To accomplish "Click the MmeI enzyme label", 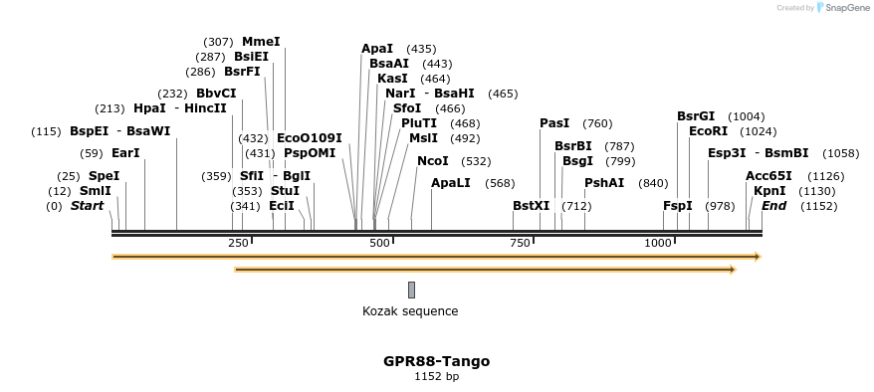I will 261,42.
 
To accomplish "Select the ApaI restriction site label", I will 377,49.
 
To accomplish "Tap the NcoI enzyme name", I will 433,161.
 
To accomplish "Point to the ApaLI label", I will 451,183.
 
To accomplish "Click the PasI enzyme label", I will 554,123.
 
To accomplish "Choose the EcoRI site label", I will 708,130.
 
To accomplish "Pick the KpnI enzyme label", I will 768,191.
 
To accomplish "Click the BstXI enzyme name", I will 531,206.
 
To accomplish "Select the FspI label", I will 677,206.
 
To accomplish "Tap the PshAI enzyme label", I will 604,183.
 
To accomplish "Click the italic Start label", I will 87,206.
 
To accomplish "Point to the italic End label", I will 773,206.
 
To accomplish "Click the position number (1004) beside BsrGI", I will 747,116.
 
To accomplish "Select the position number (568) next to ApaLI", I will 500,183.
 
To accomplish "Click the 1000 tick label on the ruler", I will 657,244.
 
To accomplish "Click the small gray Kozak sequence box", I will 411,290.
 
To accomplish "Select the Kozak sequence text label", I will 410,311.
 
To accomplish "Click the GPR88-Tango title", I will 436,361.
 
